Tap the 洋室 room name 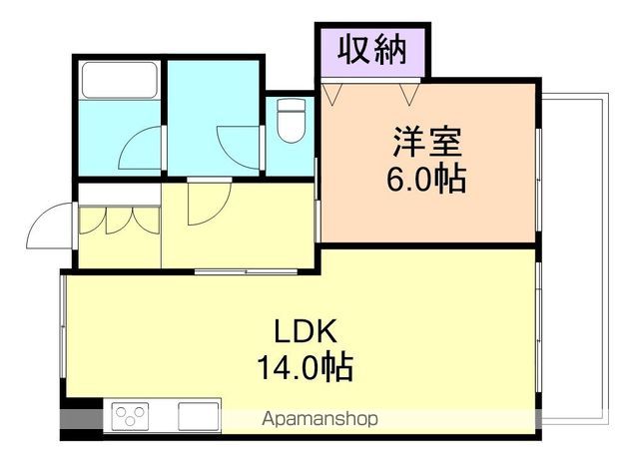[x=426, y=143]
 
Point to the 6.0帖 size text [x=426, y=180]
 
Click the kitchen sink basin [x=197, y=414]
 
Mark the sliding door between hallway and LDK [x=235, y=270]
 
